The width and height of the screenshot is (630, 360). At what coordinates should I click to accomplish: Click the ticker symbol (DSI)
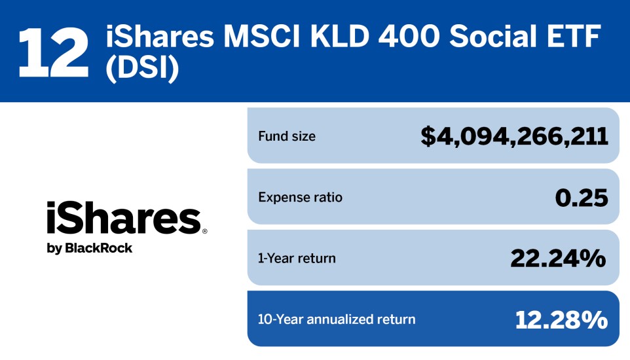tap(142, 71)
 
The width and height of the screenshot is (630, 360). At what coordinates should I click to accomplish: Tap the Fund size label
tap(287, 137)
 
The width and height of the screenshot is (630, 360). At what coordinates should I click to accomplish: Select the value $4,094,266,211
tap(514, 137)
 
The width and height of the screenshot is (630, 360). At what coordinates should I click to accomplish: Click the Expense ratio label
tap(300, 197)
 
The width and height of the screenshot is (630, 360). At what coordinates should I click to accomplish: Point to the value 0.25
tap(582, 197)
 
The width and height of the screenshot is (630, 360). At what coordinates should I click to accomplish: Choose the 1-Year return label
tap(297, 259)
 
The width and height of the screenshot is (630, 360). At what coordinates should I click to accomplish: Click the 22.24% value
tap(558, 259)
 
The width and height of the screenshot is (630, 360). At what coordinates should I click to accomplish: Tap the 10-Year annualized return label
tap(337, 319)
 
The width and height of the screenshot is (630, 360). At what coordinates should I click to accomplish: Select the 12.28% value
tap(561, 319)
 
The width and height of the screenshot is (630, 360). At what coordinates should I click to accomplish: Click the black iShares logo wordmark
tap(123, 219)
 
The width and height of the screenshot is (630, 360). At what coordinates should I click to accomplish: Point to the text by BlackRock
tap(89, 248)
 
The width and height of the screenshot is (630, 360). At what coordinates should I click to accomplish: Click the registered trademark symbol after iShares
tap(204, 232)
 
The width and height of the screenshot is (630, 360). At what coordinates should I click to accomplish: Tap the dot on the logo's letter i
tap(51, 206)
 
